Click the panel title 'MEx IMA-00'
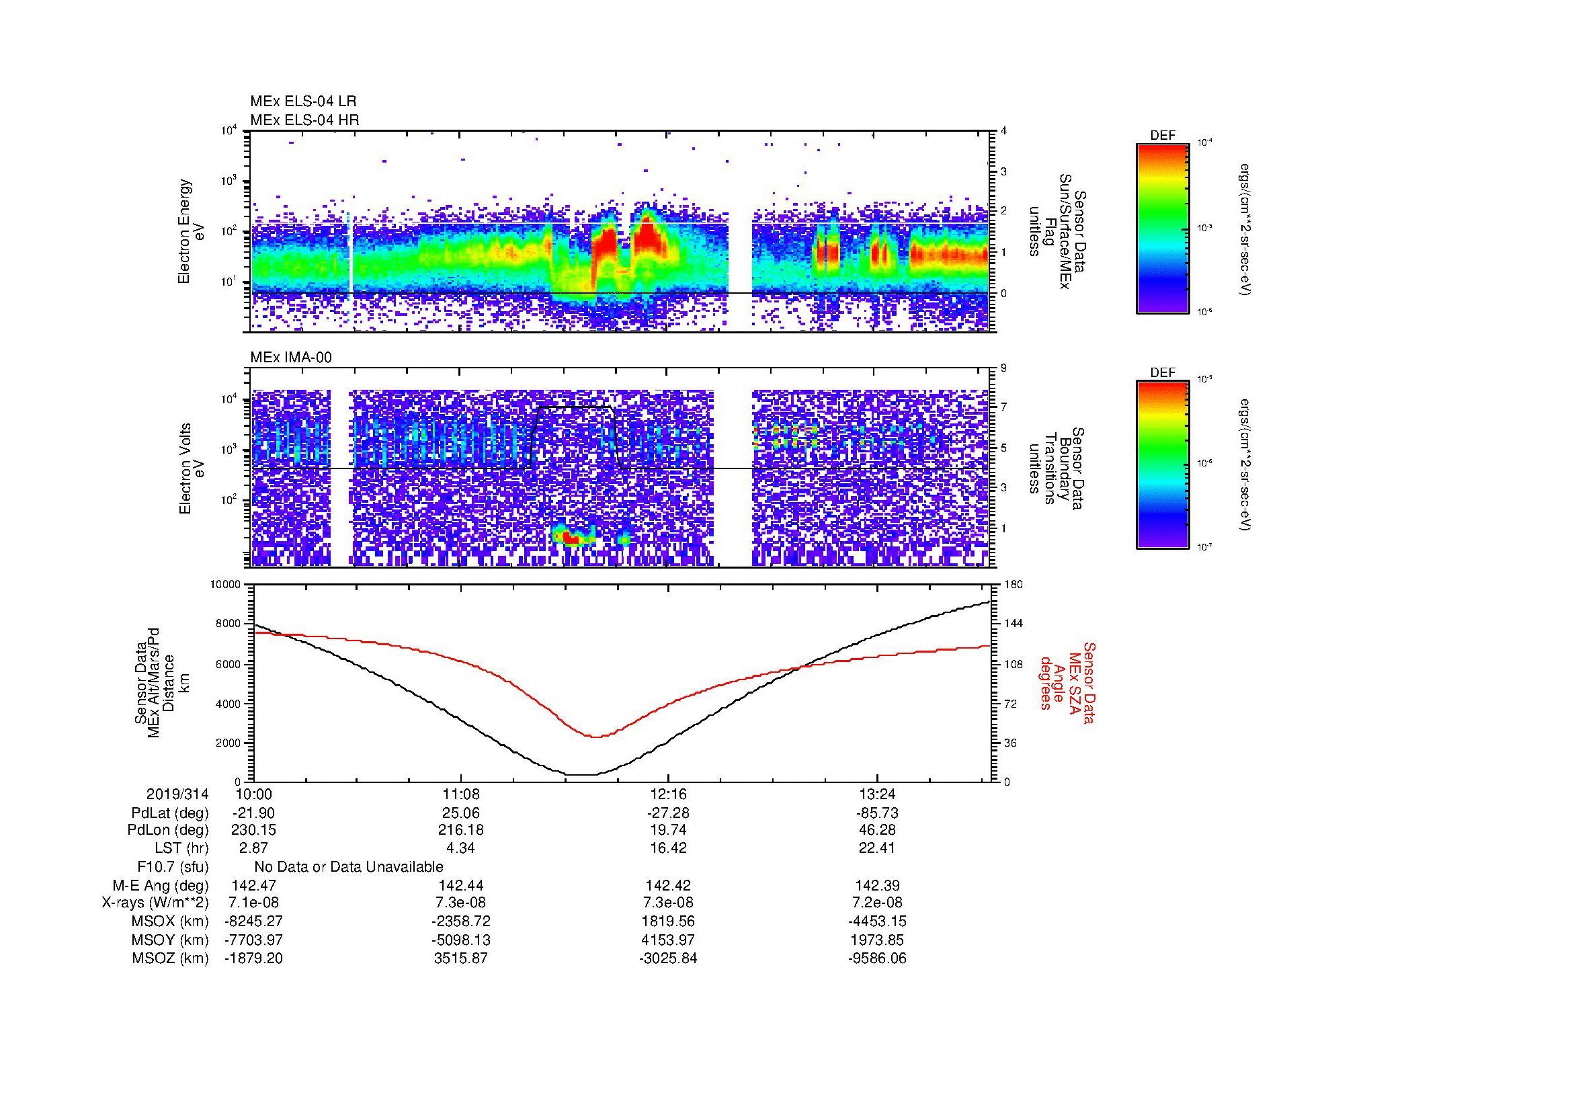point(291,358)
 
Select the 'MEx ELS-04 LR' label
point(303,101)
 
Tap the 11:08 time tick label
point(461,794)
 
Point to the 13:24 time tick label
point(876,794)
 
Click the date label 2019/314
point(177,794)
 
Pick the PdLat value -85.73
point(876,813)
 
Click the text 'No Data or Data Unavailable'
point(349,867)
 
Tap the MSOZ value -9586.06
point(876,958)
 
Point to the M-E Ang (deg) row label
point(161,885)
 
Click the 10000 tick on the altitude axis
point(226,585)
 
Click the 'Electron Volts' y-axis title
point(185,468)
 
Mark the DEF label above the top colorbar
point(1163,136)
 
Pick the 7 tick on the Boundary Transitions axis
point(1004,407)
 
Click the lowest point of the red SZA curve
point(595,737)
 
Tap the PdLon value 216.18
point(461,830)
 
